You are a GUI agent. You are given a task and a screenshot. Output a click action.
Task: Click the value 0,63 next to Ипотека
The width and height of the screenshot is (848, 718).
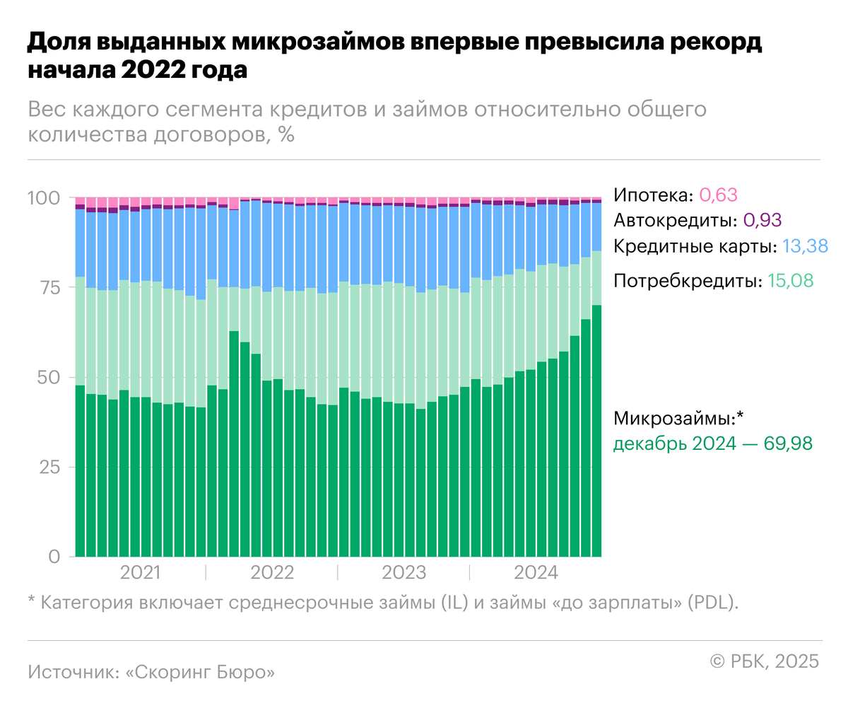(x=718, y=195)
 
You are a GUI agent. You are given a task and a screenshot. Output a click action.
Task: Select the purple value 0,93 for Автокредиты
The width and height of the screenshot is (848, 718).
(x=762, y=221)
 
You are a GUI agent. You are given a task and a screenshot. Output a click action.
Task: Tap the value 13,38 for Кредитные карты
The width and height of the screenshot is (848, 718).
(x=805, y=247)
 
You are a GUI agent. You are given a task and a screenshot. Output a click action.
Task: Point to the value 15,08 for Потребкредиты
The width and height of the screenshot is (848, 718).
(x=790, y=281)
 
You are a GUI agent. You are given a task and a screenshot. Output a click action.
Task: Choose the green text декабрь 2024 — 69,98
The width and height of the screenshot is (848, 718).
(x=712, y=444)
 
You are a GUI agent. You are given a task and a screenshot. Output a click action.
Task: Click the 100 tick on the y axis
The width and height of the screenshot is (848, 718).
(x=44, y=198)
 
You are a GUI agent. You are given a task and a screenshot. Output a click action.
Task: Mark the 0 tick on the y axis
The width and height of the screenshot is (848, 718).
(x=54, y=557)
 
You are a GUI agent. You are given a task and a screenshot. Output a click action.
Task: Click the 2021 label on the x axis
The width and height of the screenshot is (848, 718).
(x=140, y=572)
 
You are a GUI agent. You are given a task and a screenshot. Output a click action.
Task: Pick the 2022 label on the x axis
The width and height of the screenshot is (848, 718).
(x=272, y=572)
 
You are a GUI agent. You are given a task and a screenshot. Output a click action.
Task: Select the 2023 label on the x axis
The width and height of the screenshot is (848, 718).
(x=404, y=572)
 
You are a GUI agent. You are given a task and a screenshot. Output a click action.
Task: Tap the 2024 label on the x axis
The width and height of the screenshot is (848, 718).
(x=536, y=572)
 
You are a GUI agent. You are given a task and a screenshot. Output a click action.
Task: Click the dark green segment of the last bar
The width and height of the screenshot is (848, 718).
(x=596, y=432)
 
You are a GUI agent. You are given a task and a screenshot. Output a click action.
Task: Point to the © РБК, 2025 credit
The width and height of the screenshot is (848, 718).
(x=764, y=661)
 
